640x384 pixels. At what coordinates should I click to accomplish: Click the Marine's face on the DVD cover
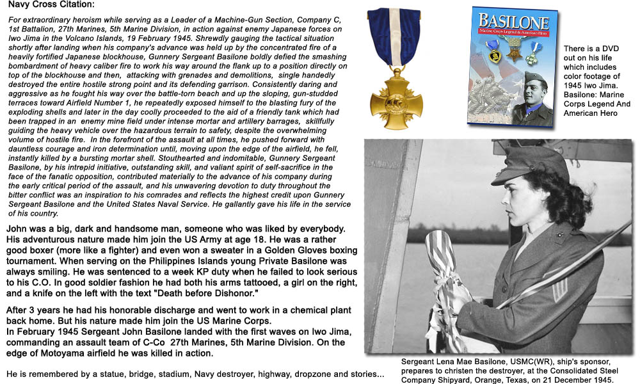534,90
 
